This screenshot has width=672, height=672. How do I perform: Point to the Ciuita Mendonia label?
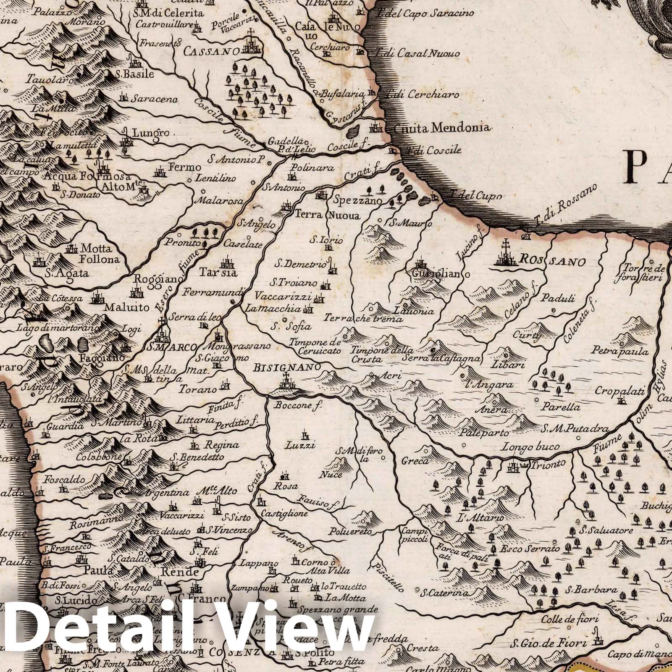tap(438, 127)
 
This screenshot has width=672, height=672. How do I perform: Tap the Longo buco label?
tap(531, 447)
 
